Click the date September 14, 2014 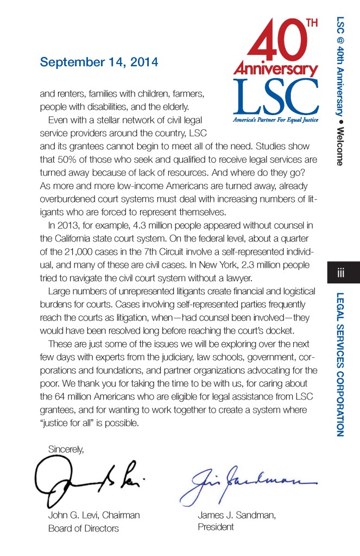(x=99, y=62)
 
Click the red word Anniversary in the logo (x=276, y=69)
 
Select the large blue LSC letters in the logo (x=276, y=97)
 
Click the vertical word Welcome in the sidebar (x=340, y=147)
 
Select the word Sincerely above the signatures (x=66, y=449)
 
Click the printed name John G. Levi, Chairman (x=94, y=515)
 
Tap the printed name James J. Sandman (x=236, y=515)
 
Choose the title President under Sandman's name (x=216, y=527)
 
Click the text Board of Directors (x=83, y=528)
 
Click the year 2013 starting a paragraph (x=68, y=225)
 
